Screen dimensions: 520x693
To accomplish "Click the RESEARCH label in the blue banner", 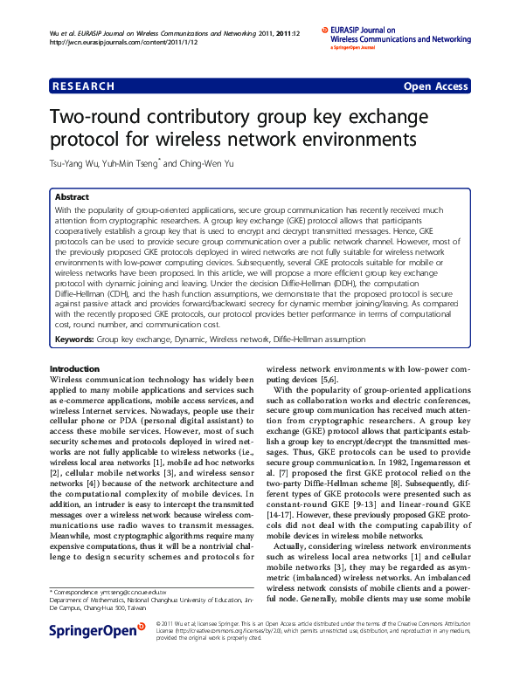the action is pos(83,86).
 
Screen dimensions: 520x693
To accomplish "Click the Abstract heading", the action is pos(73,198).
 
